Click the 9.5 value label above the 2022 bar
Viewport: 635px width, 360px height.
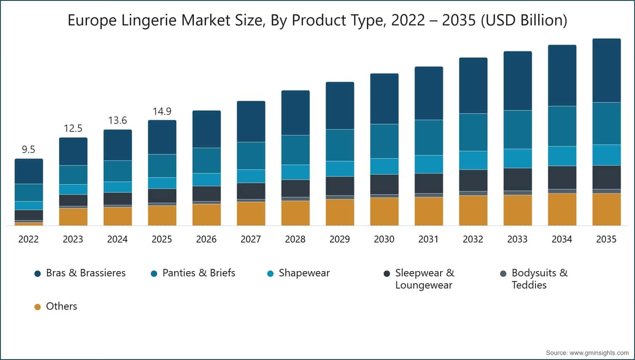tap(29, 150)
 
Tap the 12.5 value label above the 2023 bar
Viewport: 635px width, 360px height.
tap(73, 129)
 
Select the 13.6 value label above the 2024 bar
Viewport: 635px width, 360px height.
tap(117, 121)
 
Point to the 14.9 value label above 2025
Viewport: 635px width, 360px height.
tap(162, 111)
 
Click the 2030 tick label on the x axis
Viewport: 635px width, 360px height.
tap(384, 239)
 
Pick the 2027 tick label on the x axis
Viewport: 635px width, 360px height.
tap(251, 239)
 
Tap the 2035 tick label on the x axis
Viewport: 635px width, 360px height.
tap(606, 239)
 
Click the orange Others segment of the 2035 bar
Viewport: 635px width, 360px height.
tap(606, 209)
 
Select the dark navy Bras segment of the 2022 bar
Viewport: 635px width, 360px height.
tap(29, 171)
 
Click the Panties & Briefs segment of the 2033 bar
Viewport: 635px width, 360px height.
tap(518, 129)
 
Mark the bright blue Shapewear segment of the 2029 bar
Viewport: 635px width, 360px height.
tap(340, 168)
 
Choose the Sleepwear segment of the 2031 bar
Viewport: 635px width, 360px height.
tap(429, 183)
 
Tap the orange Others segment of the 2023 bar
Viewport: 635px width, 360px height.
tap(73, 217)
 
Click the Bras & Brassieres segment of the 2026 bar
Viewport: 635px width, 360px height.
tap(206, 129)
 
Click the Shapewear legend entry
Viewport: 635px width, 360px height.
tap(304, 273)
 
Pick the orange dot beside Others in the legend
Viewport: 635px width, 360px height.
tap(38, 307)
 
